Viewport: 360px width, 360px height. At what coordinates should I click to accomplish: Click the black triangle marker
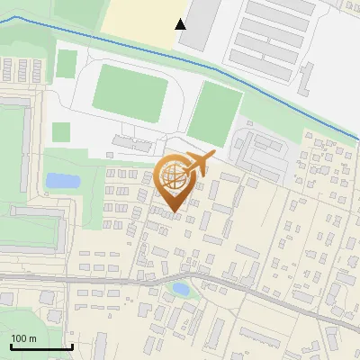click(x=181, y=24)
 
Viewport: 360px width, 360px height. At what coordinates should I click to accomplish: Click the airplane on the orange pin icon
click(x=199, y=163)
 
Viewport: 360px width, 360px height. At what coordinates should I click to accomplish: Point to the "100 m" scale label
click(x=23, y=338)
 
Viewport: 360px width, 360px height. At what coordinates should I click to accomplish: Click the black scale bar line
click(x=41, y=346)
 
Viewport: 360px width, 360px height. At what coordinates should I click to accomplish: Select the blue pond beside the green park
click(x=61, y=181)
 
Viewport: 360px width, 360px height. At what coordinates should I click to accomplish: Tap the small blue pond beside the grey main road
click(x=181, y=290)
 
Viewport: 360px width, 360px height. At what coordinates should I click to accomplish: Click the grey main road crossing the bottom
click(x=108, y=279)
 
